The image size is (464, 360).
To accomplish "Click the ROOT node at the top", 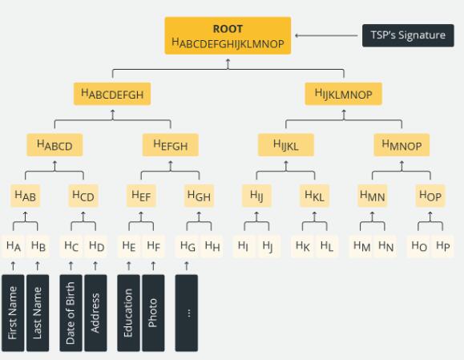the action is pos(228,35).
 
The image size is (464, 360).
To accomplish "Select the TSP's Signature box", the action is pos(408,35).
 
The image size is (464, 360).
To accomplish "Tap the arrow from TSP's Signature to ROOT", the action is pos(326,35).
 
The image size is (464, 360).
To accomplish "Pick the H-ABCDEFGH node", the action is pos(112,94).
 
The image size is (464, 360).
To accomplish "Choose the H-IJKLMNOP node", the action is pos(344,94).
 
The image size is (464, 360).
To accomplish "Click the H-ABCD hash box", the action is pos(54,145).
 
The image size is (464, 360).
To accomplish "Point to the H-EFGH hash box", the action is pos(171,145).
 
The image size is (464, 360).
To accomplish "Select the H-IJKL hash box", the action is pos(286,145).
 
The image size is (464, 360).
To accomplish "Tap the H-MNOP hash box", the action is pos(401,145).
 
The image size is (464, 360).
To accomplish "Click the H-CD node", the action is pos(83,196).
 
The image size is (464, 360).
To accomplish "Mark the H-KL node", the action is pos(315,196).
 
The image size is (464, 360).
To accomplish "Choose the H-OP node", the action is pos(430,196).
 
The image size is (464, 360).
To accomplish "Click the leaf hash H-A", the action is pos(14,246).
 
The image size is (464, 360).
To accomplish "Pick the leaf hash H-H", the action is pos(212,246).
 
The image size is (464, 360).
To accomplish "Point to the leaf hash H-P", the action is pos(443,246).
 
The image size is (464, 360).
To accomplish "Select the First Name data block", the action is pos(13,313).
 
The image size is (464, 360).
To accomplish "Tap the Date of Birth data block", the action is pos(71,313).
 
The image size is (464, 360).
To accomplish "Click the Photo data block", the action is pos(153,313).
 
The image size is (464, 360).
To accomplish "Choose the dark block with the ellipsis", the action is pos(187,313).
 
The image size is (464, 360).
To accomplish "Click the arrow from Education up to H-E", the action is pos(129,266).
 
